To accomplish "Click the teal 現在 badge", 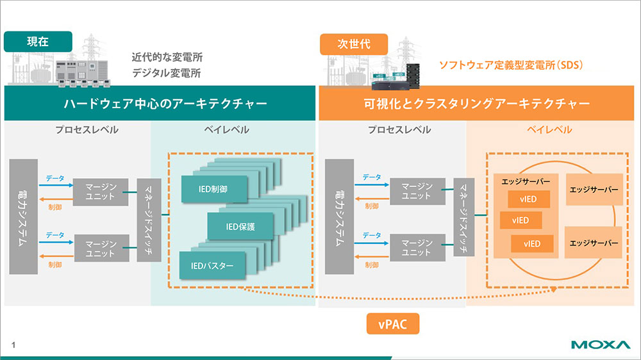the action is pos(38,41).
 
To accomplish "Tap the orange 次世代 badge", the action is pos(354,44).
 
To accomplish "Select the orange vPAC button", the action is pos(393,323).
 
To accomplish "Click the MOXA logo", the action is pos(601,345).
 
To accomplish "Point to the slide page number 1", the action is pos(13,345).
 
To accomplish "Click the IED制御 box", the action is pos(214,189).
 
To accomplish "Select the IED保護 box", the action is pos(240,226).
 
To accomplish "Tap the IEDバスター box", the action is pos(212,266).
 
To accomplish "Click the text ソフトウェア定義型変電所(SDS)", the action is pos(511,65).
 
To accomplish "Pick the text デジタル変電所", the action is pos(167,73).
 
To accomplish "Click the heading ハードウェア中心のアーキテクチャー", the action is pos(165,103).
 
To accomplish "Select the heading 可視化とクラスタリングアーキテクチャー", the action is pos(477,103).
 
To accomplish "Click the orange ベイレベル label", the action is pos(549,129).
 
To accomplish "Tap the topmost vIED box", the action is pos(529,199).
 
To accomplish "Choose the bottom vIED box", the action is pos(532,244).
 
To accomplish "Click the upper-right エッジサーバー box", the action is pos(594,190).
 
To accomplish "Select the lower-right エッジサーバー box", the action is pos(594,243).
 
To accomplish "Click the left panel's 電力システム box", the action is pos(23,217).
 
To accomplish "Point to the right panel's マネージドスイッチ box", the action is pos(464,217).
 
